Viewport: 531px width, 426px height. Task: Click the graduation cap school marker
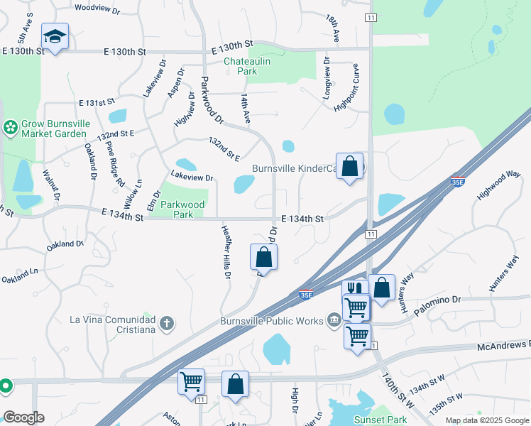55,36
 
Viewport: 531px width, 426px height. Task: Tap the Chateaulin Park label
240,66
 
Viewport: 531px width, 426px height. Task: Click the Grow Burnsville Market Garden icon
11,128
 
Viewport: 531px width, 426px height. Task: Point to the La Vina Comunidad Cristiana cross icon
167,324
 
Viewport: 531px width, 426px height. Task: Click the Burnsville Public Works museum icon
334,321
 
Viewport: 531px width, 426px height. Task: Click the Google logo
23,417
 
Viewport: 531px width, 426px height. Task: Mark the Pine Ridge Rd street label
115,164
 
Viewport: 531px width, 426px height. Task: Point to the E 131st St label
97,102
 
